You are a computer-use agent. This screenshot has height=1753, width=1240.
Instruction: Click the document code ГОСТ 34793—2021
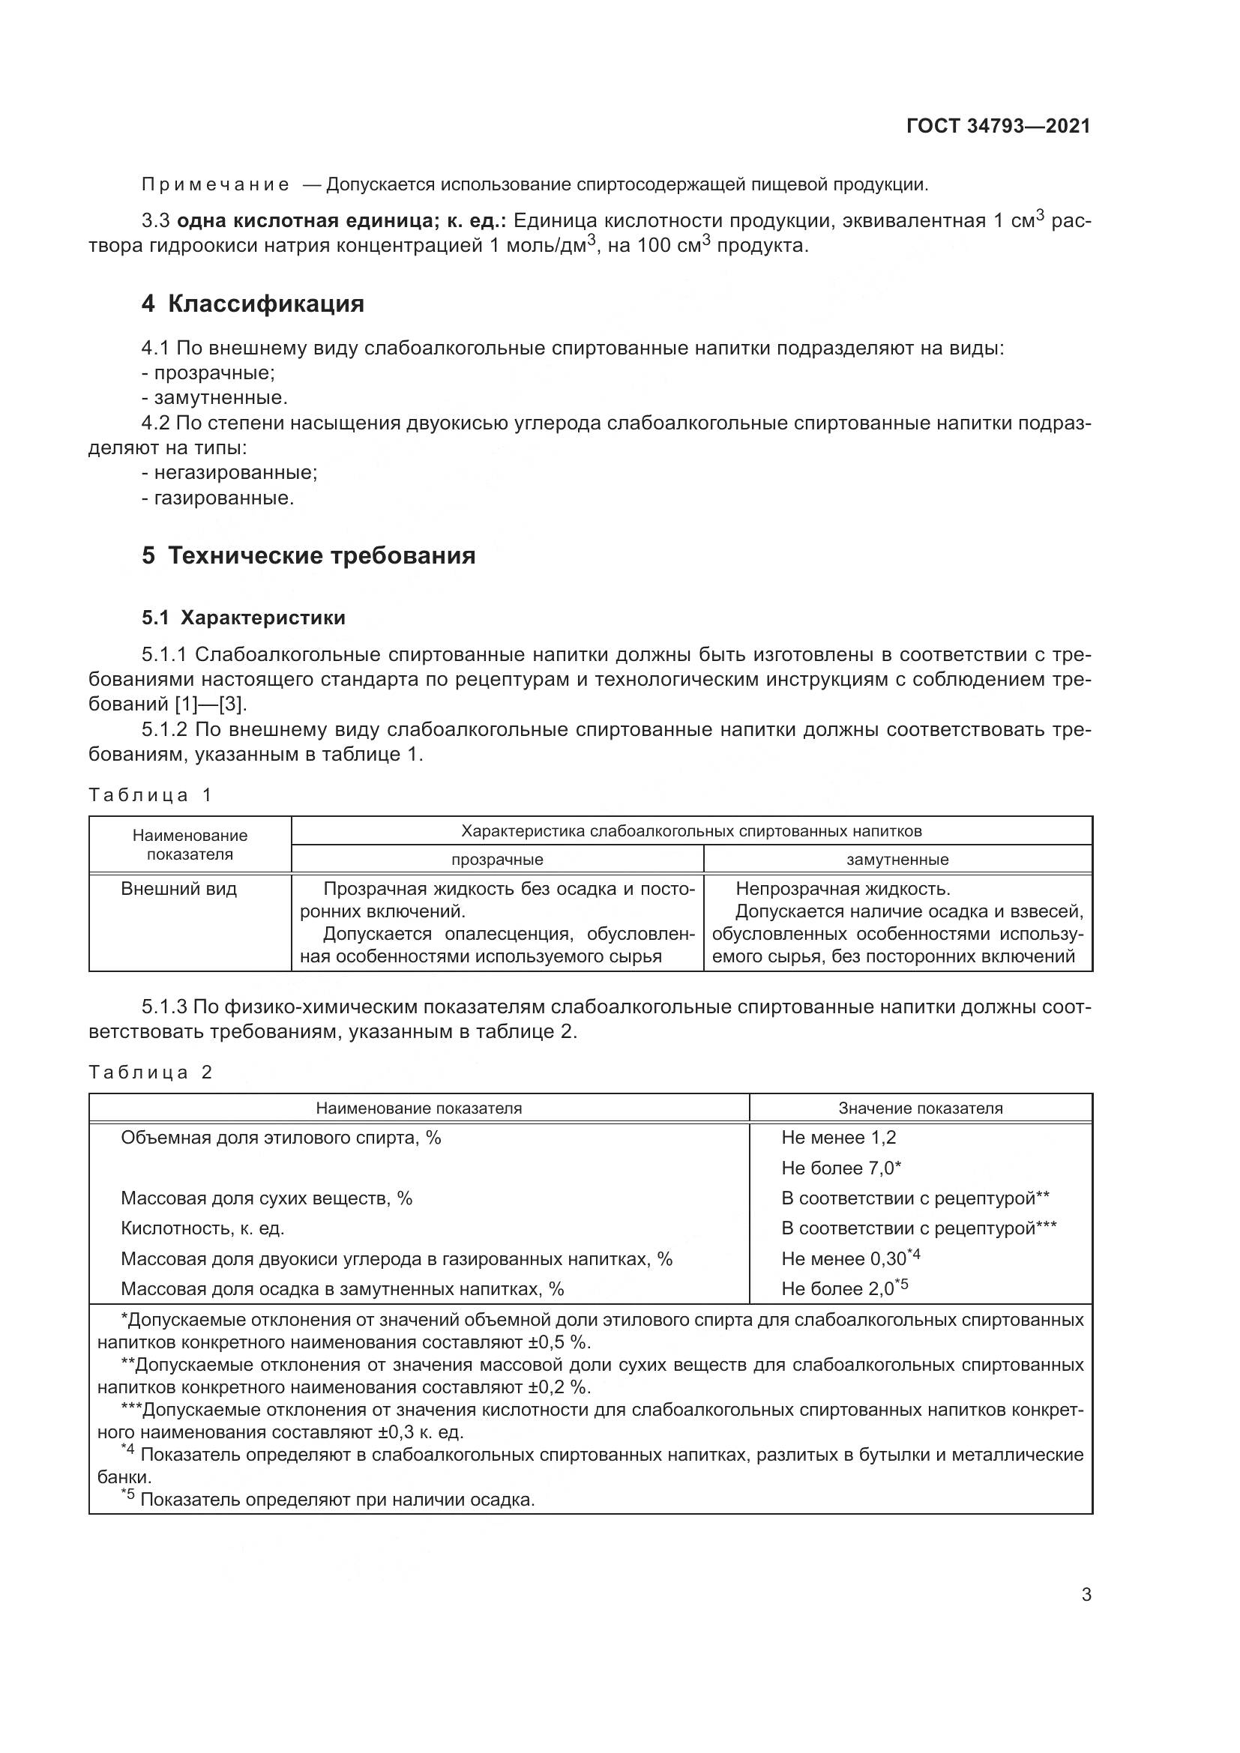click(998, 127)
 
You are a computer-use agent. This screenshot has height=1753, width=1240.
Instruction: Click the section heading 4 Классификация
click(253, 304)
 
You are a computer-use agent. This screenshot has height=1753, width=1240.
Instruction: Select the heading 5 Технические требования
click(308, 555)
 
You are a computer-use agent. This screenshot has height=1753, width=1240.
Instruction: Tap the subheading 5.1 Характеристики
click(244, 618)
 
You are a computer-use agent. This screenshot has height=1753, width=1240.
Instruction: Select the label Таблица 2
click(150, 1072)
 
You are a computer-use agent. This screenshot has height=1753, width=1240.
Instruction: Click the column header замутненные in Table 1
click(897, 860)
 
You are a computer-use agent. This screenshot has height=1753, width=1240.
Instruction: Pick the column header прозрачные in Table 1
click(497, 860)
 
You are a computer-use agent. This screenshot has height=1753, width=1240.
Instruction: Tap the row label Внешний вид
click(178, 889)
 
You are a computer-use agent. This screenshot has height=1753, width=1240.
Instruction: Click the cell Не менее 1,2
click(838, 1138)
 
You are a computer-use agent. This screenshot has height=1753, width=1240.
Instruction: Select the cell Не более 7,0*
click(841, 1168)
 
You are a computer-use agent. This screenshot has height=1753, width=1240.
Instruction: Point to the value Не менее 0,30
click(843, 1259)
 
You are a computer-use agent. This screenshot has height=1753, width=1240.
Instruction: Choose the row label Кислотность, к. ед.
click(202, 1228)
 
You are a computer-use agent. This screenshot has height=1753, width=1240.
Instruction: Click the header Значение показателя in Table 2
click(920, 1108)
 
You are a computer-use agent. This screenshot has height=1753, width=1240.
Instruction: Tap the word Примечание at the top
click(215, 185)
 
